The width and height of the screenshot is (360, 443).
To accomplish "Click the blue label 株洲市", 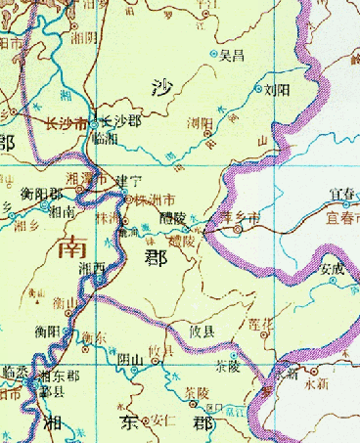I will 156,199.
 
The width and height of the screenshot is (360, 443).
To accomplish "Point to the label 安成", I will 334,266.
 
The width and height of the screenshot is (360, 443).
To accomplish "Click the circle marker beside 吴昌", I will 215,53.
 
